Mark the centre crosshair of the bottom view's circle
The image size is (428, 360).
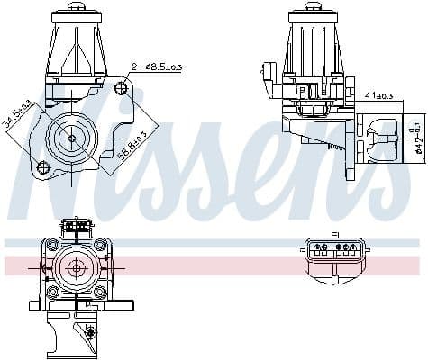click(x=77, y=267)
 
